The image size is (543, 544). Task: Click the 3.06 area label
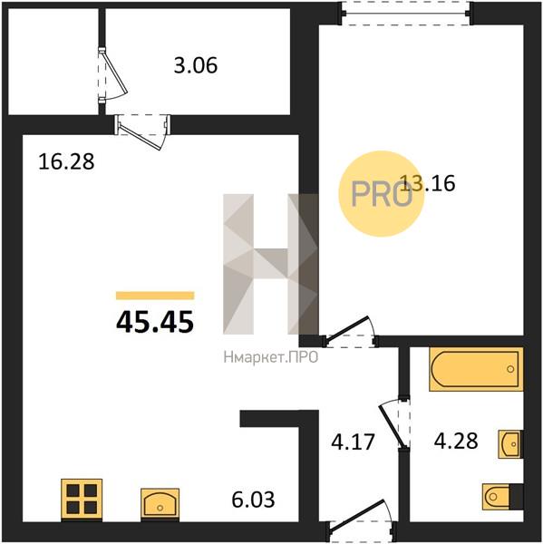click(196, 65)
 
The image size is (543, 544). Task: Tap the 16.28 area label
click(66, 161)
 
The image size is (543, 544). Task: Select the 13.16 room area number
click(428, 183)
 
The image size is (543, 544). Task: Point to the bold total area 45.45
click(155, 322)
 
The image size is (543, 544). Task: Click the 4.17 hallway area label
click(353, 442)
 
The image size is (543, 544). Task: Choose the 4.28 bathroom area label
click(456, 442)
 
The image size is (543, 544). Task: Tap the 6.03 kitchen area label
click(253, 500)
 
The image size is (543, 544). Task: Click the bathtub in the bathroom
click(476, 369)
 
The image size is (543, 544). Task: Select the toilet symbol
click(502, 497)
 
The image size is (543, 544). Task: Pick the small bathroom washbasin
click(510, 444)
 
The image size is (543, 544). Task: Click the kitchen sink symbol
click(160, 504)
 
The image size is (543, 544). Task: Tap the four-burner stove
click(82, 500)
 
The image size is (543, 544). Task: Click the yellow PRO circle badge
click(382, 194)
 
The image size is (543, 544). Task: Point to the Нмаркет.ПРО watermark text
click(271, 357)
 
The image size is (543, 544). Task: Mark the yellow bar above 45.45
click(155, 296)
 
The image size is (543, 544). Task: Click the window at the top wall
click(405, 14)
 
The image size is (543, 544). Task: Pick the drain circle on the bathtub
click(510, 369)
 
